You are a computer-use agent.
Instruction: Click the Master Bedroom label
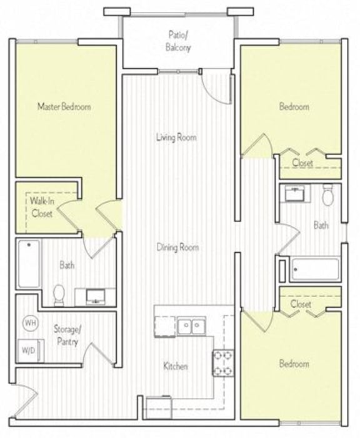click(x=64, y=106)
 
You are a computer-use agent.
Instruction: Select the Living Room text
click(x=177, y=137)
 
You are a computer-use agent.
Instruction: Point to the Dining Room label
click(x=177, y=247)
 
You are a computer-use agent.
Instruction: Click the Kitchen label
click(x=176, y=366)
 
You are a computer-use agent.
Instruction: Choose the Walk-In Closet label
click(x=41, y=207)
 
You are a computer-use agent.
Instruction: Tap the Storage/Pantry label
click(x=66, y=336)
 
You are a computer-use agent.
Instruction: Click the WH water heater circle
click(x=29, y=323)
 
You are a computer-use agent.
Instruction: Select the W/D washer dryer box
click(x=29, y=350)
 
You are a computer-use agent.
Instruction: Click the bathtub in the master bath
click(x=29, y=263)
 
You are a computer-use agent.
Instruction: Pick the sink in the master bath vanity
click(x=96, y=296)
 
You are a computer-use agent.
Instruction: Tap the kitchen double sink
click(x=192, y=326)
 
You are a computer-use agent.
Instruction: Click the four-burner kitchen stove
click(x=222, y=362)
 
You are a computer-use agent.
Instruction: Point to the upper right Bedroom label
click(x=294, y=106)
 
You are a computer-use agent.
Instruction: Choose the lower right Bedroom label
click(x=294, y=364)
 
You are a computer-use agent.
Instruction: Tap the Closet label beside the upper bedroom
click(x=302, y=163)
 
